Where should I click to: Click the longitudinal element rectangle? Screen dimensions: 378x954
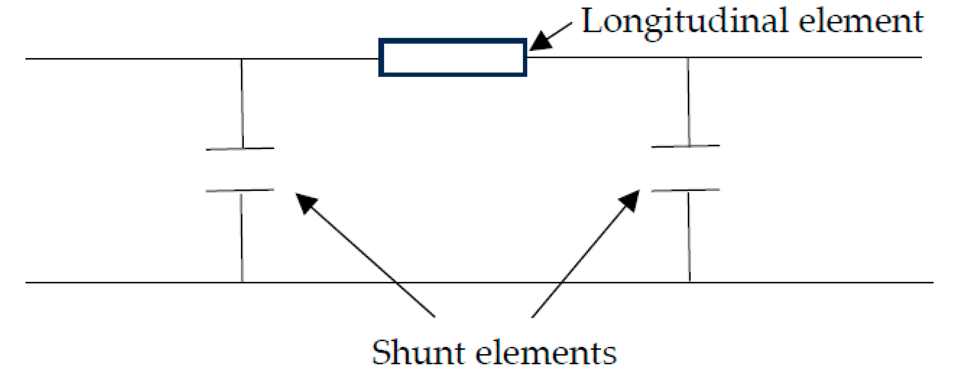(x=452, y=57)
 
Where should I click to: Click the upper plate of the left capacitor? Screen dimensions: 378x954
(x=240, y=149)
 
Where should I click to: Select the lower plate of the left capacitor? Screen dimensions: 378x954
(x=240, y=190)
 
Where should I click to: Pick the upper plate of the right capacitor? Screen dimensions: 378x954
(x=685, y=146)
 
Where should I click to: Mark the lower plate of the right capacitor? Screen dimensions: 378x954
(x=685, y=190)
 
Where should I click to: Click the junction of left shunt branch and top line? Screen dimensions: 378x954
(x=241, y=59)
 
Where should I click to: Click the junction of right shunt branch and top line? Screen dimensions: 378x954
(x=688, y=58)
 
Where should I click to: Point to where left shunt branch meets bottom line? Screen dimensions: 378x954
(x=242, y=282)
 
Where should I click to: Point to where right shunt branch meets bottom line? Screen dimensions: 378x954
(x=689, y=282)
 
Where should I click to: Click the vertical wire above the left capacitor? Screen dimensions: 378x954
(x=242, y=103)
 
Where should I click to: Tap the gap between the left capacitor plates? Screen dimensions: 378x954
(x=240, y=170)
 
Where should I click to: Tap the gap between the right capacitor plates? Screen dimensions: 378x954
(x=685, y=169)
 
